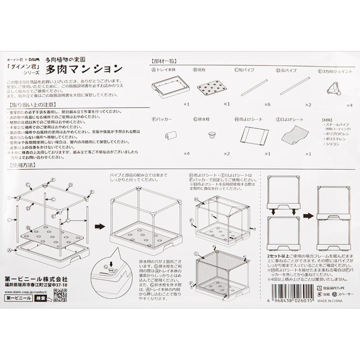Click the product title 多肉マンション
84,69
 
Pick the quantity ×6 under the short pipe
267,104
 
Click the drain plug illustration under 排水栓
211,135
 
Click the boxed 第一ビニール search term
18,298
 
